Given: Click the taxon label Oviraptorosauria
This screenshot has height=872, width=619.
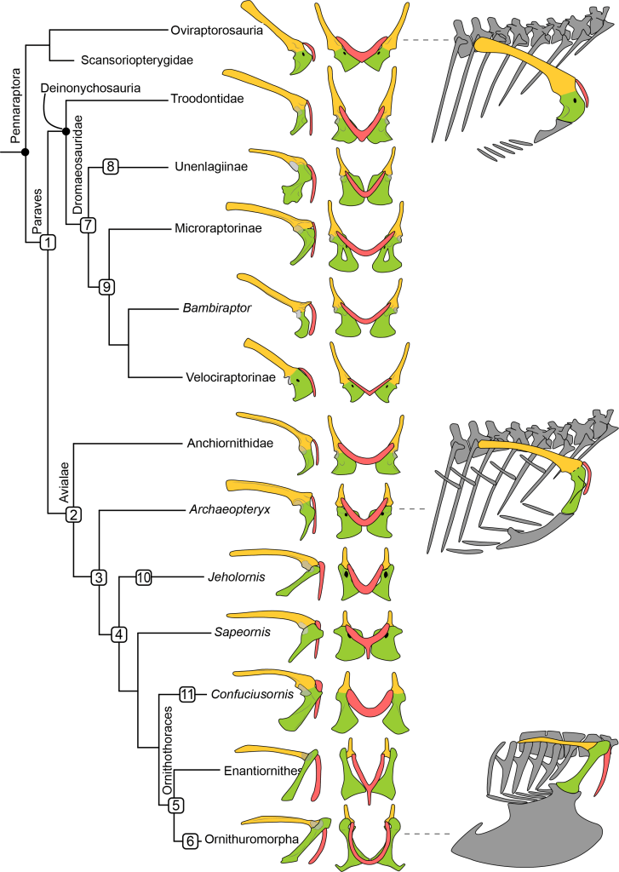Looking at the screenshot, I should pos(215,31).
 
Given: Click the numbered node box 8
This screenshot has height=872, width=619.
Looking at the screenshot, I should pos(110,166).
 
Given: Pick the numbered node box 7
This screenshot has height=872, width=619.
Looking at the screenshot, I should pos(87,225).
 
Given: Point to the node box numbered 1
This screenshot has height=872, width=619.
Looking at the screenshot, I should pos(47,242).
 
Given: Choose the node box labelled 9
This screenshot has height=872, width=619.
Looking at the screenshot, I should pos(108,286).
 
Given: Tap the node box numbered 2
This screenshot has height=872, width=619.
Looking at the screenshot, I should pos(74,513).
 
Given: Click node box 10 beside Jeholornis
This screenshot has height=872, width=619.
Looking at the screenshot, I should pos(143,578).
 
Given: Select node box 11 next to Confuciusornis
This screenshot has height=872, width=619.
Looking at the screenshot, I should pos(187,694).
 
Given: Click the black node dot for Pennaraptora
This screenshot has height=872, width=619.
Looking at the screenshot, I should pos(26,152).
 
